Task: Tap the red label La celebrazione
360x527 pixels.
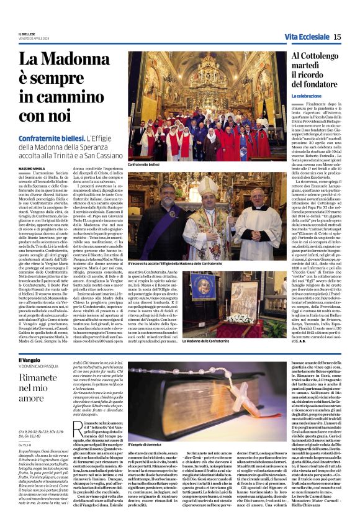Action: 307,96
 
